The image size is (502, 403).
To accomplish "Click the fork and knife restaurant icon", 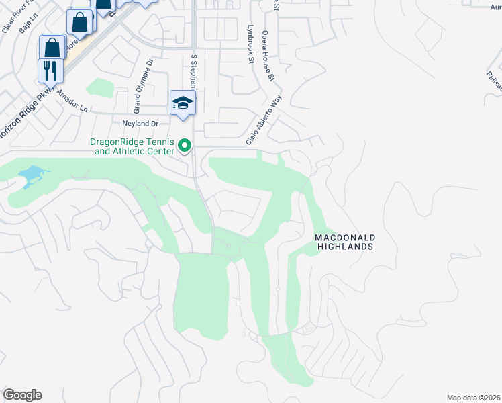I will coord(51,70).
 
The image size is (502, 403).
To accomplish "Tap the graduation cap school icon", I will coord(183,102).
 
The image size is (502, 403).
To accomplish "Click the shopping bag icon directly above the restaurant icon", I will coord(52,48).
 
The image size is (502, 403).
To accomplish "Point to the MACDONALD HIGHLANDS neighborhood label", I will coord(344,242).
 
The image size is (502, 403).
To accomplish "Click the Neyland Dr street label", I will coord(140,124).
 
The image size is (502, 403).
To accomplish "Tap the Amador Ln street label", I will coord(72,101).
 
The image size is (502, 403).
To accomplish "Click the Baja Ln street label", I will coord(26,26).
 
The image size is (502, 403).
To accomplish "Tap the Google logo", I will coord(22,395).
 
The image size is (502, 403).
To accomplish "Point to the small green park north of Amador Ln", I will coord(100,88).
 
